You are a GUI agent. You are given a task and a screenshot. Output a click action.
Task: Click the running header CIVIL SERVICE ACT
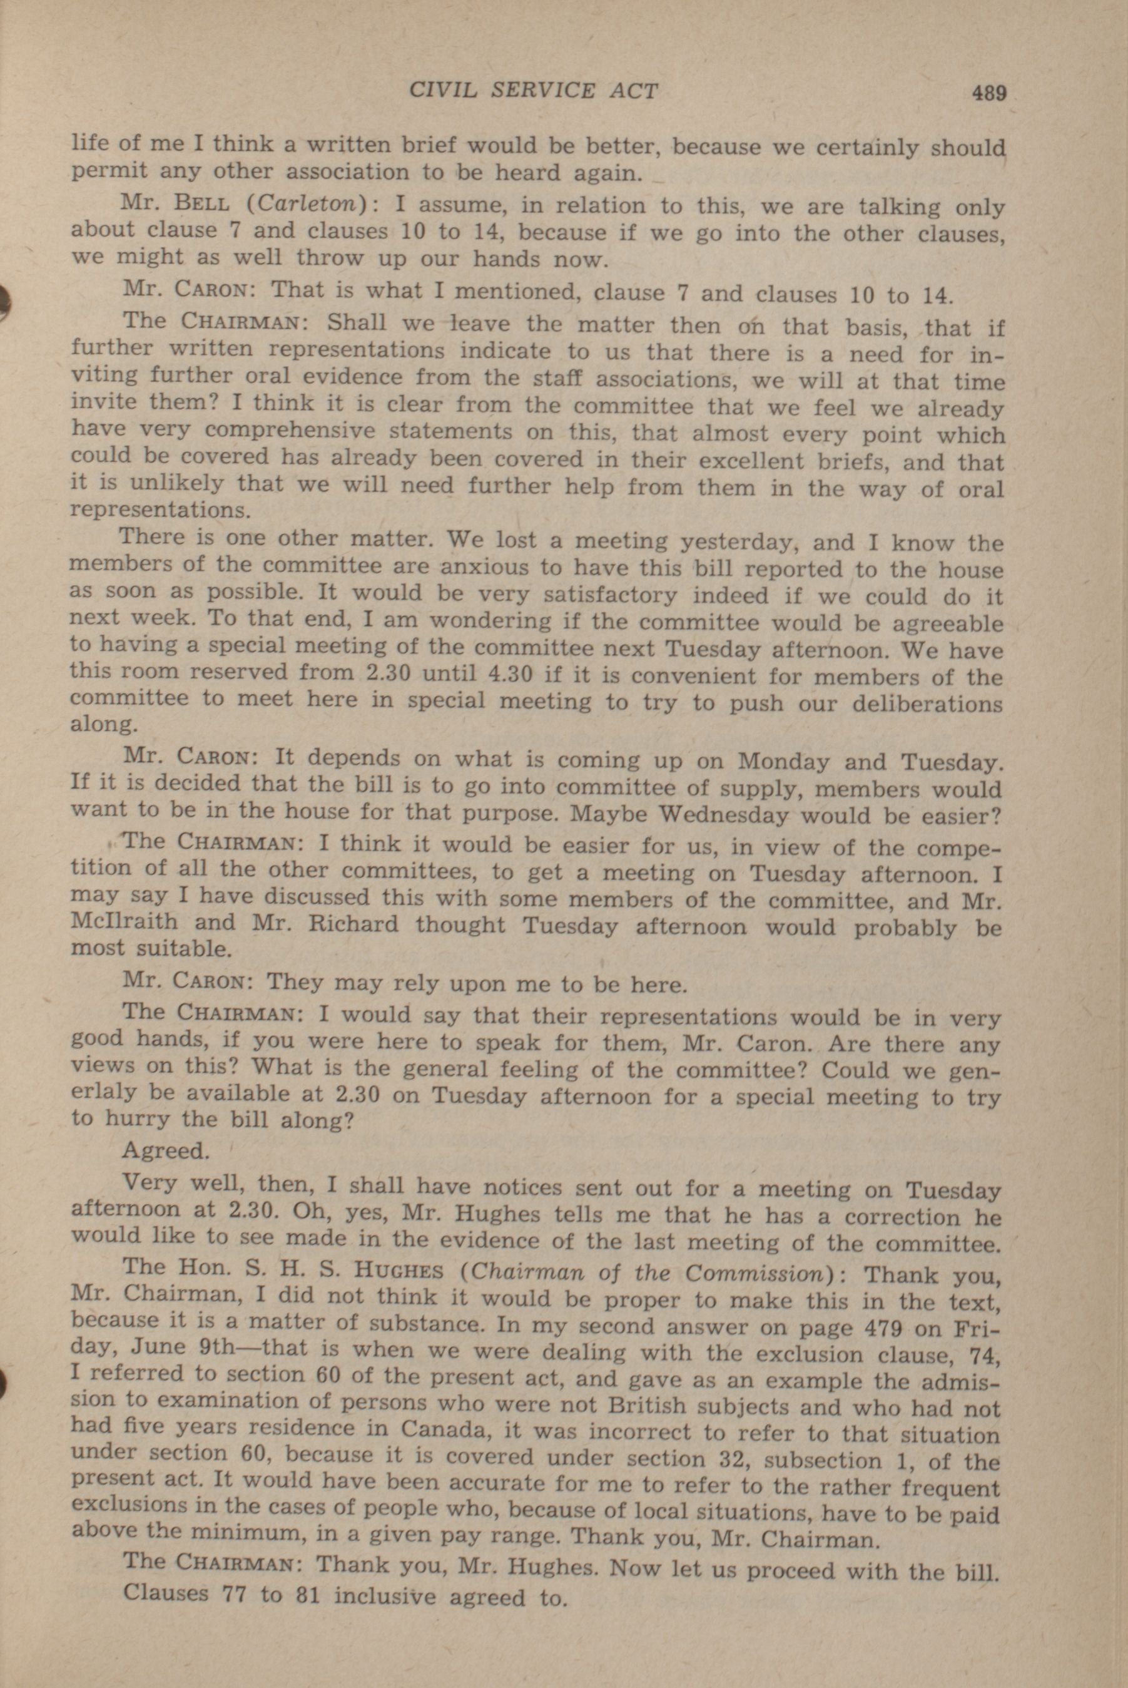pos(533,91)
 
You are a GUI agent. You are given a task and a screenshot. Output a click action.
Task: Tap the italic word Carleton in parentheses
pos(308,203)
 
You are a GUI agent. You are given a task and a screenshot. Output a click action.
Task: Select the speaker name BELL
pos(203,203)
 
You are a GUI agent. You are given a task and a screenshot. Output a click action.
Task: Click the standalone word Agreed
pos(165,1150)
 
